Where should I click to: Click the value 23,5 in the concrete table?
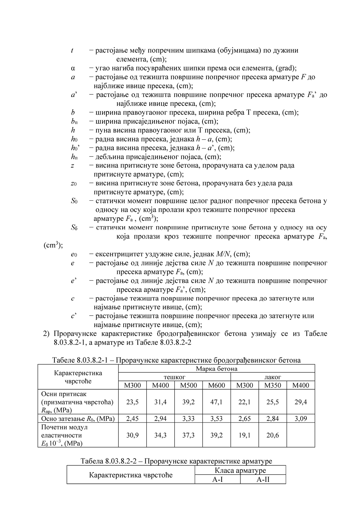pos(132,402)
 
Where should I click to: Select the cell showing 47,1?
pos(217,402)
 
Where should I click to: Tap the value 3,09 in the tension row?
pos(301,419)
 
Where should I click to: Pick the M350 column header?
pos(273,385)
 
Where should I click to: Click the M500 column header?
pos(189,385)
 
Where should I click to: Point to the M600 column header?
pos(217,385)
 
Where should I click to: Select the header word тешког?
pos(174,377)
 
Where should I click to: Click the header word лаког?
pos(272,377)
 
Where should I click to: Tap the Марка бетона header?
pos(216,369)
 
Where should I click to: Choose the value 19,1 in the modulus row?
pos(245,435)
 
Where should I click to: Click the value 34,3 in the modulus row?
pos(161,435)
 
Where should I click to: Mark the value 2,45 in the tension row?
pos(132,419)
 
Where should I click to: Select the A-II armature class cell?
pos(263,480)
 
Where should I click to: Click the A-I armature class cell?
pos(217,480)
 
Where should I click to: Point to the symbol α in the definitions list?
pos(73,68)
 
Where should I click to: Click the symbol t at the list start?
pos(72,50)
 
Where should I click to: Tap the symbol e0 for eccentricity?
pos(74,254)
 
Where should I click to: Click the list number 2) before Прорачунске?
pos(47,334)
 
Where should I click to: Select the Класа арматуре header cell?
pos(240,471)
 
